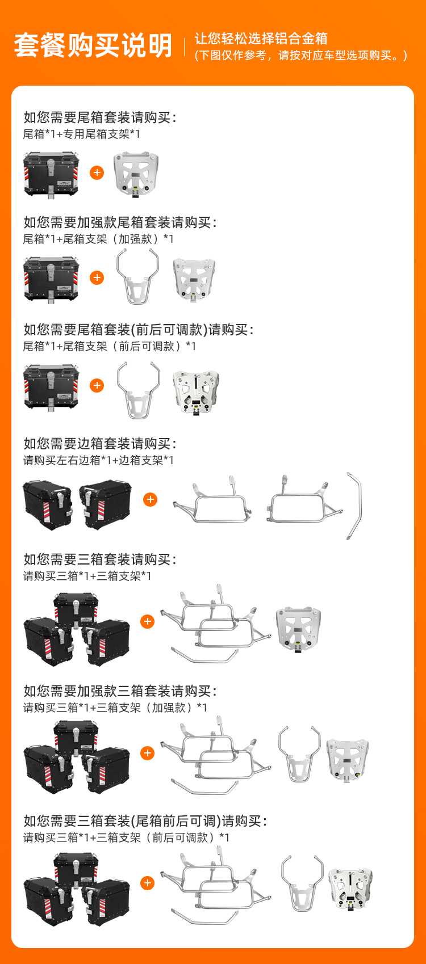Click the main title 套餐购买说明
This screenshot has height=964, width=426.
[93, 45]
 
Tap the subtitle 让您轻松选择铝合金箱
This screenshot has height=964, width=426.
[261, 39]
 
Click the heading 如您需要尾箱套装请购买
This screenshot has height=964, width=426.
[100, 117]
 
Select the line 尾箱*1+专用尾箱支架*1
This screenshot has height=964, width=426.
[81, 134]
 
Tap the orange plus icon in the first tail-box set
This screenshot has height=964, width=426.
[97, 173]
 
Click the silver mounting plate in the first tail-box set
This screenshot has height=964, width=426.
[136, 174]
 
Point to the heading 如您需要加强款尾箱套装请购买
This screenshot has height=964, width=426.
[120, 222]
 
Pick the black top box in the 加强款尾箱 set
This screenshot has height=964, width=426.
[51, 280]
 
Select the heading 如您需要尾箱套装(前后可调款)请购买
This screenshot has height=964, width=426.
[138, 330]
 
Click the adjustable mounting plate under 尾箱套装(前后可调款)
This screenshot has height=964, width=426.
[196, 392]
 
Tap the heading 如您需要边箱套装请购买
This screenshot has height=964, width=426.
[100, 443]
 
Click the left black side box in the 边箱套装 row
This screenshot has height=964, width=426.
[48, 505]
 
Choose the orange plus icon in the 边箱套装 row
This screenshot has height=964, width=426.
[151, 500]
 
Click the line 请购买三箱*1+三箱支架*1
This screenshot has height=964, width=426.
[87, 576]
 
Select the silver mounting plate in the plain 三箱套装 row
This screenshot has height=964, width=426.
[299, 629]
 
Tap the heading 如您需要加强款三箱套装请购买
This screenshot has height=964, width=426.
[120, 691]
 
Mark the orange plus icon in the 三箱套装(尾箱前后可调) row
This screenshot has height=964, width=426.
[147, 883]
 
